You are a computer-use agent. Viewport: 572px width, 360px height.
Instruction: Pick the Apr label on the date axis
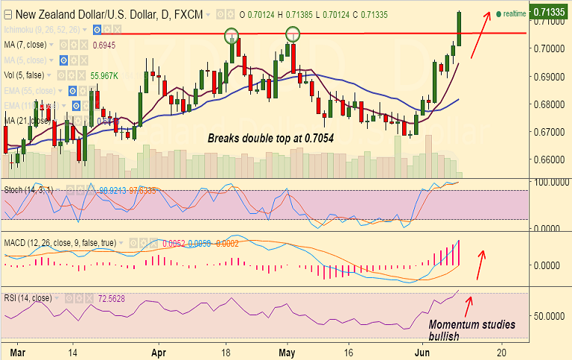[x=158, y=351]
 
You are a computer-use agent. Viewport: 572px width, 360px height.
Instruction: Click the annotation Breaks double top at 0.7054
[x=270, y=139]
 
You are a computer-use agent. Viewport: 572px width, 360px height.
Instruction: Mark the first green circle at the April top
[x=232, y=34]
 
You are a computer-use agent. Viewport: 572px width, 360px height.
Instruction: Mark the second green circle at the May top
[x=293, y=34]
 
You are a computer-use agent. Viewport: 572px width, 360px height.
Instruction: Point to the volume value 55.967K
[x=105, y=75]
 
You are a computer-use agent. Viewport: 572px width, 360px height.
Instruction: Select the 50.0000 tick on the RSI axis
[x=552, y=315]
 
